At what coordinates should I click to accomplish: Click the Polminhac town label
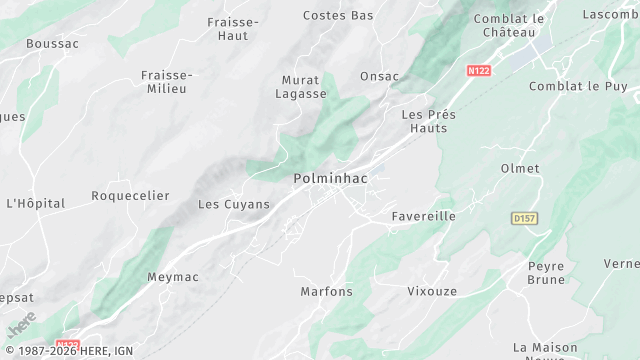pos(332,178)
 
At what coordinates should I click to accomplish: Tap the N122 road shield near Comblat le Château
pos(479,71)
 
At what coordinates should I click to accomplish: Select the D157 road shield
pos(523,217)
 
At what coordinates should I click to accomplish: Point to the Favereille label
pos(423,216)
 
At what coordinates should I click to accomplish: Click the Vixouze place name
pos(432,292)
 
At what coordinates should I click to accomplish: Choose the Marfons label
pos(327,292)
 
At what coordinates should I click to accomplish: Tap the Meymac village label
pos(174,277)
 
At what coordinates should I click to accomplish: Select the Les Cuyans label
pos(234,204)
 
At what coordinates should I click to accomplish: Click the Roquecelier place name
pos(130,196)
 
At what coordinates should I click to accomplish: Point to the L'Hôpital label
pos(35,203)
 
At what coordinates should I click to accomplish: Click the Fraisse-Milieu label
pos(167,81)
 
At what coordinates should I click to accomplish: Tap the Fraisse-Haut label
pos(233,28)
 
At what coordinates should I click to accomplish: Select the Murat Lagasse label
pos(301,86)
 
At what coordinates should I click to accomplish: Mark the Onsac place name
pos(379,76)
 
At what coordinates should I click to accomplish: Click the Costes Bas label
pos(338,16)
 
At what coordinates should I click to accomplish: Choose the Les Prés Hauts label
pos(428,121)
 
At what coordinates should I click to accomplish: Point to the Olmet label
pos(520,168)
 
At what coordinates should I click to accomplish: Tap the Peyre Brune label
pos(546,273)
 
